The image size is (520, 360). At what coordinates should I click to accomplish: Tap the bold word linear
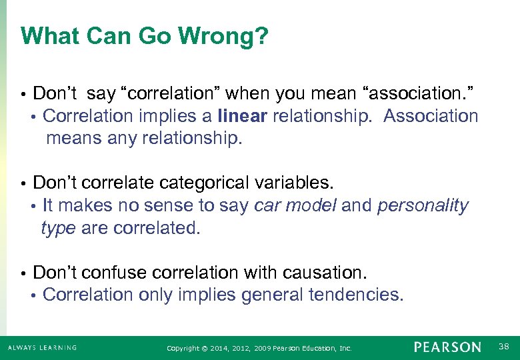pos(243,116)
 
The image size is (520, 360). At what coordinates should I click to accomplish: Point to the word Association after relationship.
pos(431,116)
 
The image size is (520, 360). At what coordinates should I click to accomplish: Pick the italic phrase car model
pos(295,206)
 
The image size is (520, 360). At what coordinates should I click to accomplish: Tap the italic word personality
pos(423,206)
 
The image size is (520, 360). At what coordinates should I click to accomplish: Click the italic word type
pos(59,228)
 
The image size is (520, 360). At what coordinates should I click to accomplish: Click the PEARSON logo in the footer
pos(447,347)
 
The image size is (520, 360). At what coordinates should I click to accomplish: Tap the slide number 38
pos(503,347)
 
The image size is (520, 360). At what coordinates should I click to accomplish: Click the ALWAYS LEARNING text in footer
pos(42,347)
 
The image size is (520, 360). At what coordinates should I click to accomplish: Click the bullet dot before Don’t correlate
pos(23,183)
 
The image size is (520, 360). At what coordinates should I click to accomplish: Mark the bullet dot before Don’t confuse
pos(23,273)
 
